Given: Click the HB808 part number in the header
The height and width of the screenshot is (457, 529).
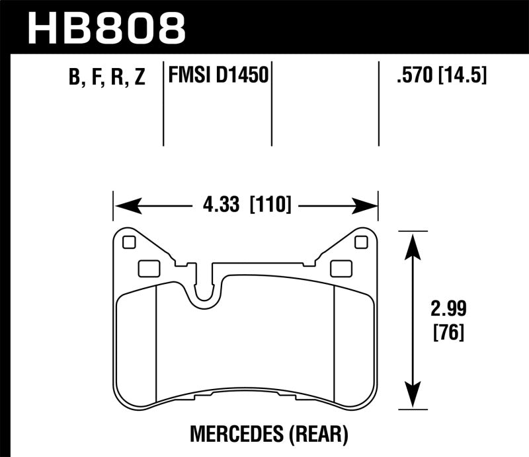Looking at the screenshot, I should pos(106,26).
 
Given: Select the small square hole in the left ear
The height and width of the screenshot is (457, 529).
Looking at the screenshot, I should pos(129,242).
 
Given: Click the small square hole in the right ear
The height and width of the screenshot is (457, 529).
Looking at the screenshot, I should pos(361,242).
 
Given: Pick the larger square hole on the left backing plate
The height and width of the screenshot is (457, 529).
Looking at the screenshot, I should pos(149,268).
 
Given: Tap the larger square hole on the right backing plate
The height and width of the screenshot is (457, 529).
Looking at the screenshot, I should pos(341,268).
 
